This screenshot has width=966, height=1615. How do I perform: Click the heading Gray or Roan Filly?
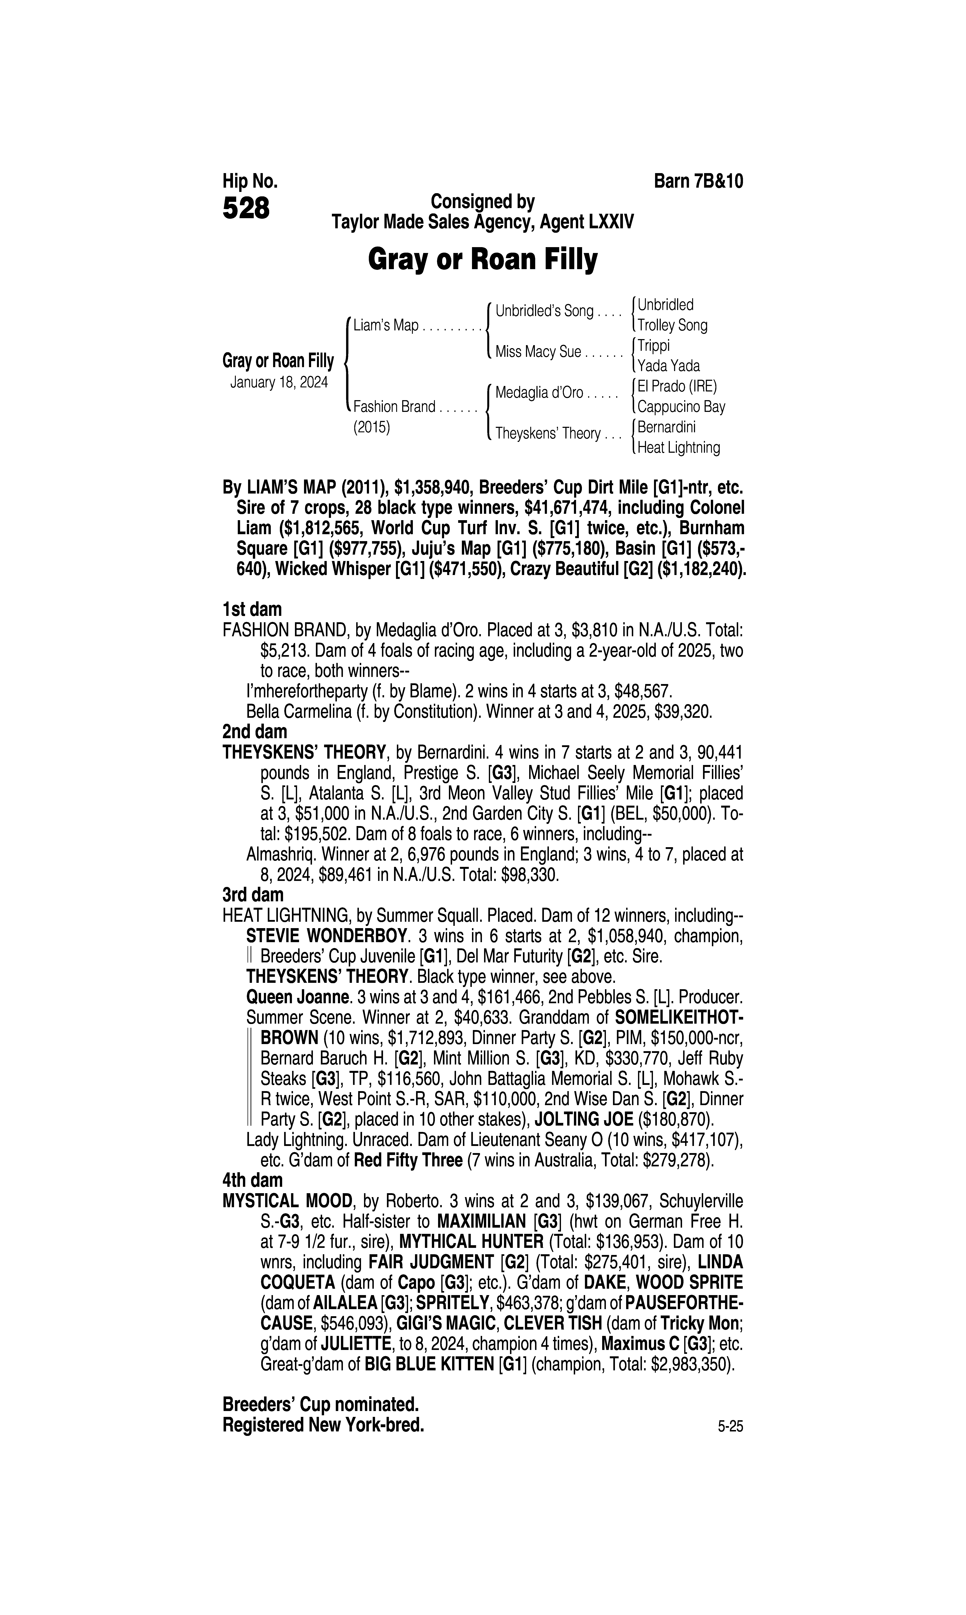482,260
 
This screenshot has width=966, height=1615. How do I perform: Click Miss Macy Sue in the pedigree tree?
538,352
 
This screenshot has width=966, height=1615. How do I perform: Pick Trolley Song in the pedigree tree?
672,325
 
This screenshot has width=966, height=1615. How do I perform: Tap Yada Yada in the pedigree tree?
669,366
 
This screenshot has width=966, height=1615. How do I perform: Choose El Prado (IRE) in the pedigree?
677,386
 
